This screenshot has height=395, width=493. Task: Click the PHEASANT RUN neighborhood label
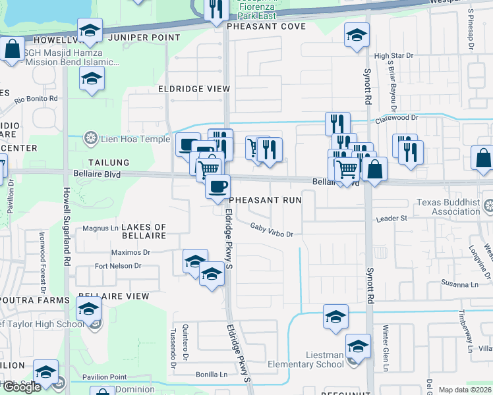tap(265, 199)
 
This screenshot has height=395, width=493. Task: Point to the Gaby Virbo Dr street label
tap(271, 230)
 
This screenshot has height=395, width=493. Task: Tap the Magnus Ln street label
tap(101, 228)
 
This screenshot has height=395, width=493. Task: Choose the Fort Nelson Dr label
tap(118, 266)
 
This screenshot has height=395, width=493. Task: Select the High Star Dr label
tap(393, 57)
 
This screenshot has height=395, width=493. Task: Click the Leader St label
tap(393, 218)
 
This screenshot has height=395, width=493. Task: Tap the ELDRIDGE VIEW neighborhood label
tap(194, 89)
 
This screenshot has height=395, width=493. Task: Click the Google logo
tap(21, 387)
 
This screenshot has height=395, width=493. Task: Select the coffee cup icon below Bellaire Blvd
tap(217, 186)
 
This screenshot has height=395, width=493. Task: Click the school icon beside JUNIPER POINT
tap(90, 30)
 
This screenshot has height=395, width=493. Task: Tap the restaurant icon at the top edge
tap(216, 9)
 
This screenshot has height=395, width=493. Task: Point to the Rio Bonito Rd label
tap(36, 99)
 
